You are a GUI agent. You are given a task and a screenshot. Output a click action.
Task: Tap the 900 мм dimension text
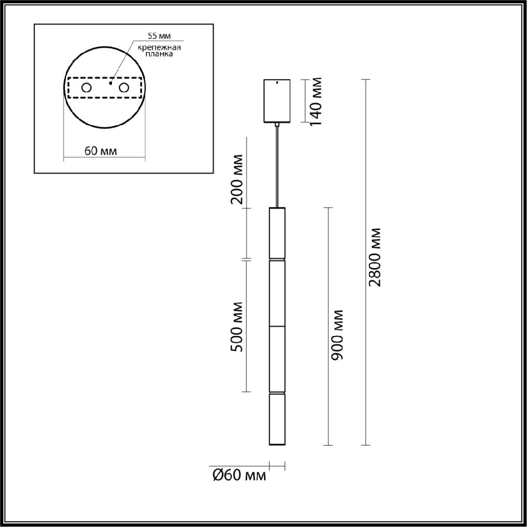[337, 335]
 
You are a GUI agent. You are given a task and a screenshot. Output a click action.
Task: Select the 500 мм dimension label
[237, 327]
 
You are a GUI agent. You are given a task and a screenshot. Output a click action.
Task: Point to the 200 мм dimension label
[237, 179]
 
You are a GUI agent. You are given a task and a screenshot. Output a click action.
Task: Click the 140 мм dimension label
[316, 101]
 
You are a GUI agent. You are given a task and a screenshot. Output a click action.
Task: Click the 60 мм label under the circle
[101, 152]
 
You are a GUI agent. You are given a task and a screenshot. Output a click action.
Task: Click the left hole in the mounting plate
[86, 88]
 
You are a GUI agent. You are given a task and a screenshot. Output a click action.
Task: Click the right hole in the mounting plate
[124, 88]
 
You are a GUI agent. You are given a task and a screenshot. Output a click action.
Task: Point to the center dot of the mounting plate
[111, 82]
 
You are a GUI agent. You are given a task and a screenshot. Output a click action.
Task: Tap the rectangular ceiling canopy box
[277, 101]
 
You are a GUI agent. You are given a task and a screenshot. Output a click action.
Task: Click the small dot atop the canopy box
[277, 82]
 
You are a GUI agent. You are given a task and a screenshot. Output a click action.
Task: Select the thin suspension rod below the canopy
[277, 167]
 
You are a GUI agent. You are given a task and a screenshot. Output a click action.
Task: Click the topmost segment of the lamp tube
[277, 233]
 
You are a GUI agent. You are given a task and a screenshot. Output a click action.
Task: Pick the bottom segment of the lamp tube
[277, 419]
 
